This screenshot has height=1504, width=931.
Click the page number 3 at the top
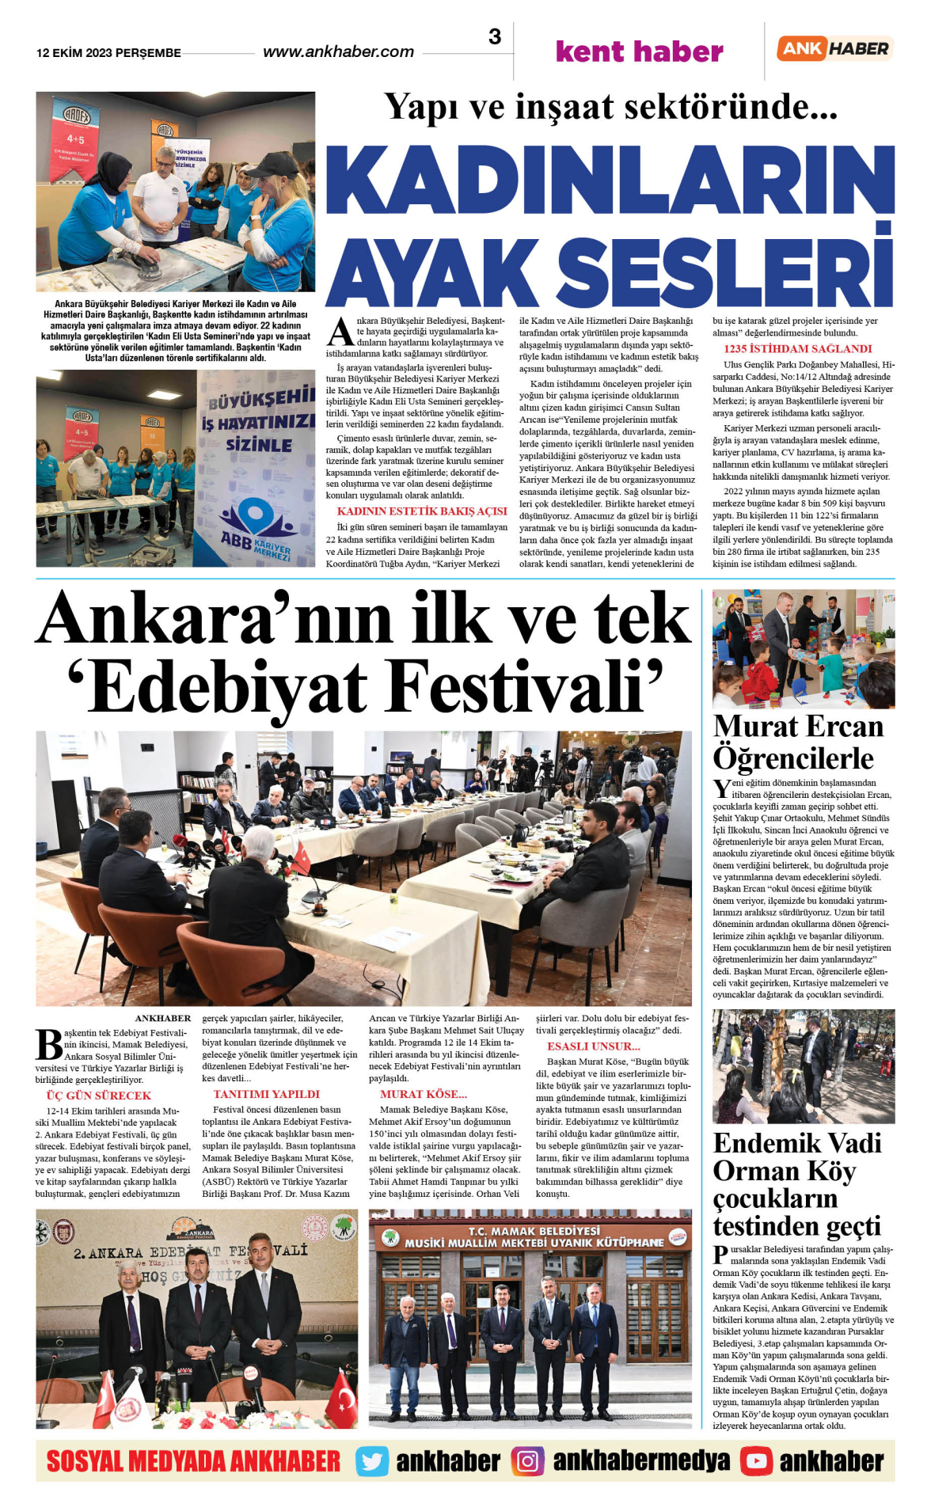495,36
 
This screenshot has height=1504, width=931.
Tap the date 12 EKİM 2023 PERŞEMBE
108,53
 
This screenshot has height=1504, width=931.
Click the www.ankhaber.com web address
338,52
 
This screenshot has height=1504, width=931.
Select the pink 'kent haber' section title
639,51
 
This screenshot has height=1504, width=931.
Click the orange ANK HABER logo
834,48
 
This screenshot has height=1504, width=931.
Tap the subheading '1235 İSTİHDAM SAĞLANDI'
797,348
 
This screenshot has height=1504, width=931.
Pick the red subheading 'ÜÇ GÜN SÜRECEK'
99,1096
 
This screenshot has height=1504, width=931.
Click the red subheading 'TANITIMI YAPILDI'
266,1094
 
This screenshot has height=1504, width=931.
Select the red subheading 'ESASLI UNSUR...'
593,1046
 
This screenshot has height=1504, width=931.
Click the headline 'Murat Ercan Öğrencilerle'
797,742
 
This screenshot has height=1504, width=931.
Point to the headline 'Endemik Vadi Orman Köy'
796,1156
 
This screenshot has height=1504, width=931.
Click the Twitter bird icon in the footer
371,1460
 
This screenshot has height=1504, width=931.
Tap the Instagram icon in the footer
527,1460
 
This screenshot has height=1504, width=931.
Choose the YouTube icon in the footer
756,1460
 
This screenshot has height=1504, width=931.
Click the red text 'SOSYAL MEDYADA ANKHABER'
193,1460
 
